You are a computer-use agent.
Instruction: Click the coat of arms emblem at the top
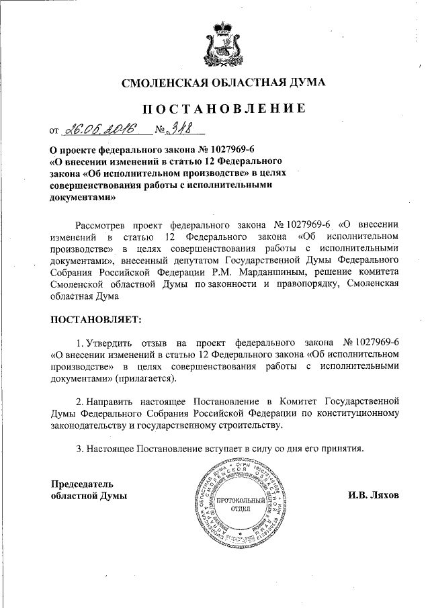[x=222, y=42]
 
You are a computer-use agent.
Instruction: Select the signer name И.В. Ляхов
[x=374, y=496]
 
